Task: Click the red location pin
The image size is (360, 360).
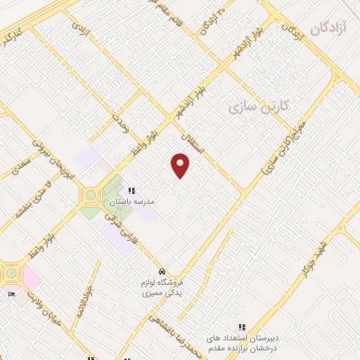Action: tap(181, 165)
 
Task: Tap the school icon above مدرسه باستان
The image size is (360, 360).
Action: tap(131, 190)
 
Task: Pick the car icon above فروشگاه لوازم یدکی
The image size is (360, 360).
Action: tap(162, 271)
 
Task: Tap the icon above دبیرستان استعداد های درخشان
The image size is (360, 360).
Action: tap(242, 327)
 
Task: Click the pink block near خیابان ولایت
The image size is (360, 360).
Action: tap(32, 279)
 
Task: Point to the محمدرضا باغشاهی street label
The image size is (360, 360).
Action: tap(176, 336)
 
